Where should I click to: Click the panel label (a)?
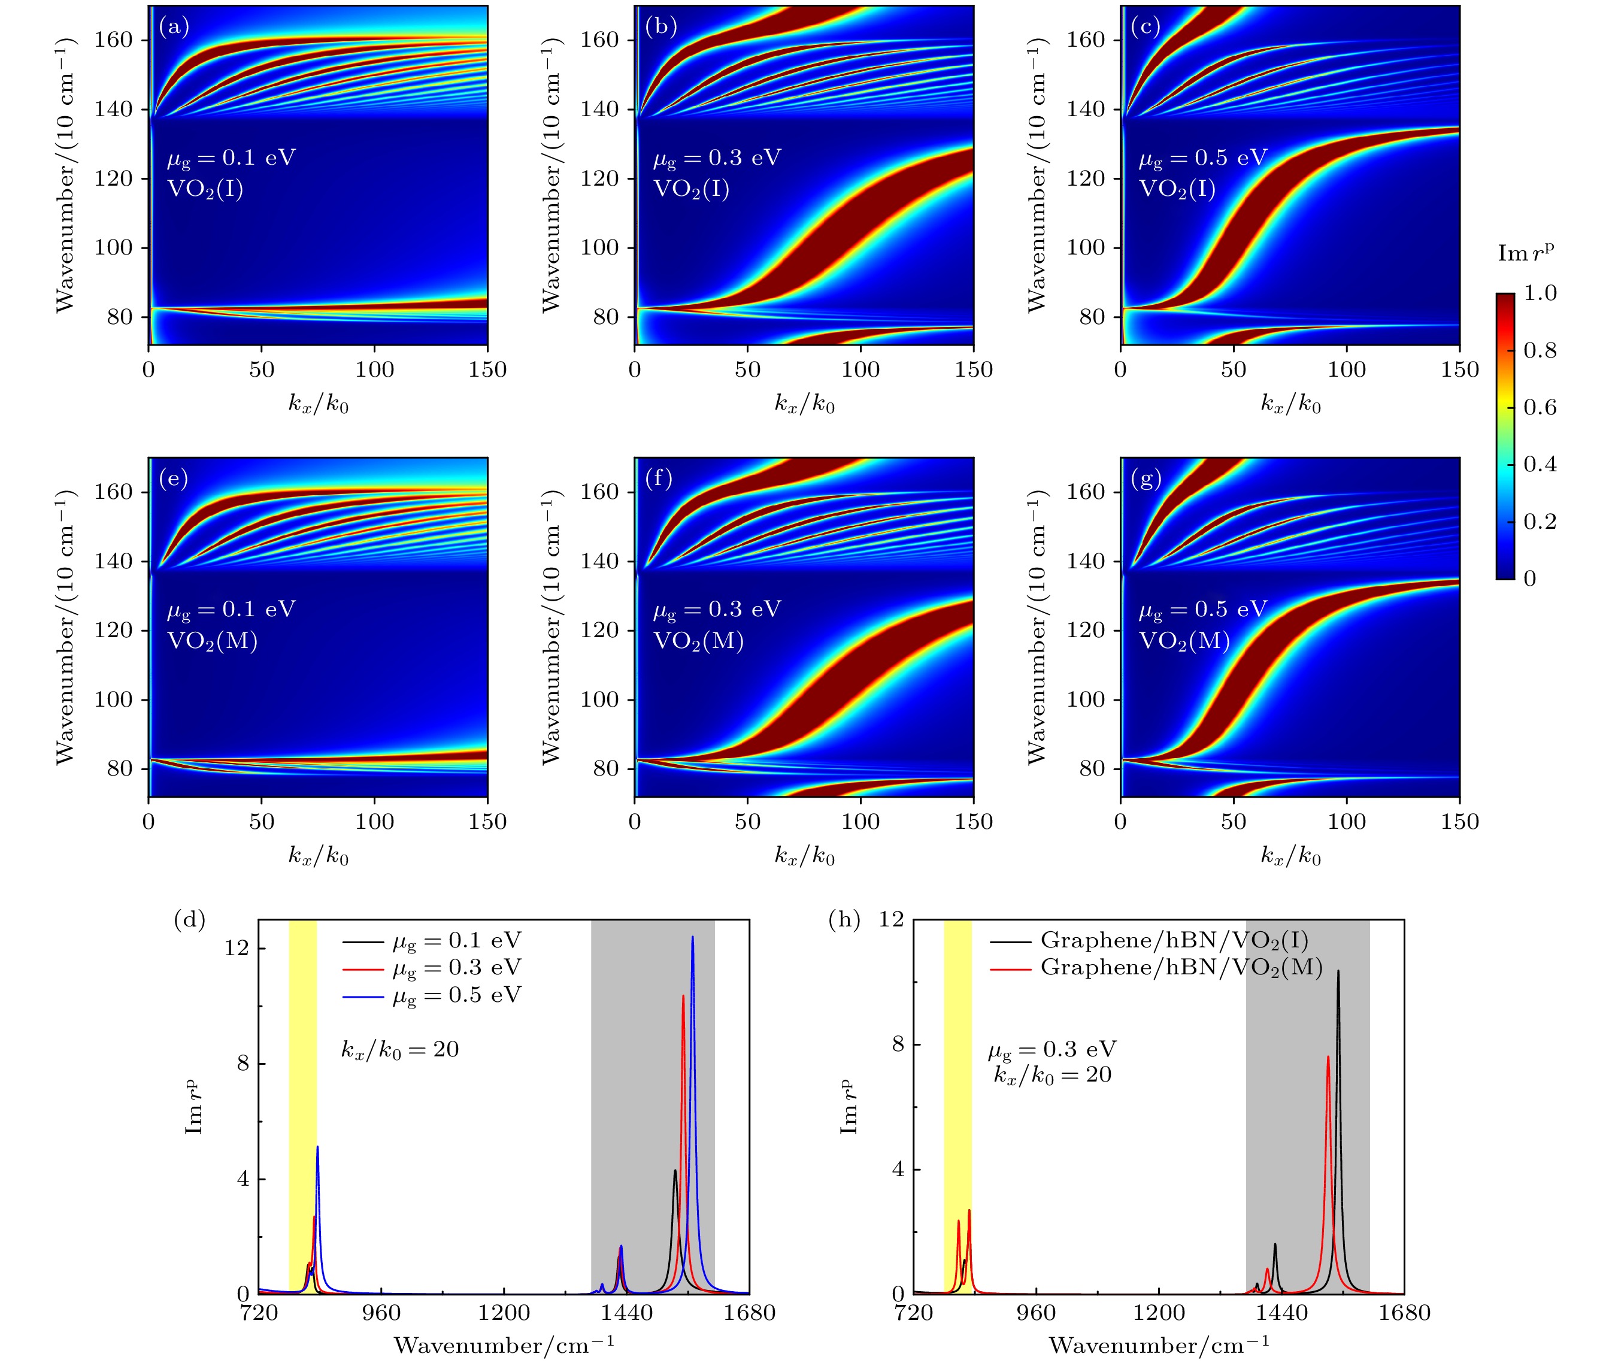(x=174, y=27)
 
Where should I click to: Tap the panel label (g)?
(x=1146, y=479)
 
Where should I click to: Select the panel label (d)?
(x=189, y=919)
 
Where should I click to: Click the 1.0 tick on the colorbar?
(x=1540, y=293)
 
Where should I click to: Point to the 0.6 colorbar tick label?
(x=1540, y=407)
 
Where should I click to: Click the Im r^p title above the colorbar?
(x=1526, y=253)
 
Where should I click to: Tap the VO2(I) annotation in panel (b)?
(x=692, y=189)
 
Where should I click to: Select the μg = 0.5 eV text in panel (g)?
(x=1203, y=610)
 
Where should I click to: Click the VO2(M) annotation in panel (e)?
(x=213, y=641)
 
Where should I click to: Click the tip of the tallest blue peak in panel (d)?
(x=692, y=937)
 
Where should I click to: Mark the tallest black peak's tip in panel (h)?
(x=1338, y=971)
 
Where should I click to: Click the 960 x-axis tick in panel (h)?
(x=1035, y=1313)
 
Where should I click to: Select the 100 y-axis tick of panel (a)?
(x=114, y=248)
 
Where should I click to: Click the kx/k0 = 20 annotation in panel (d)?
(x=400, y=1049)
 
